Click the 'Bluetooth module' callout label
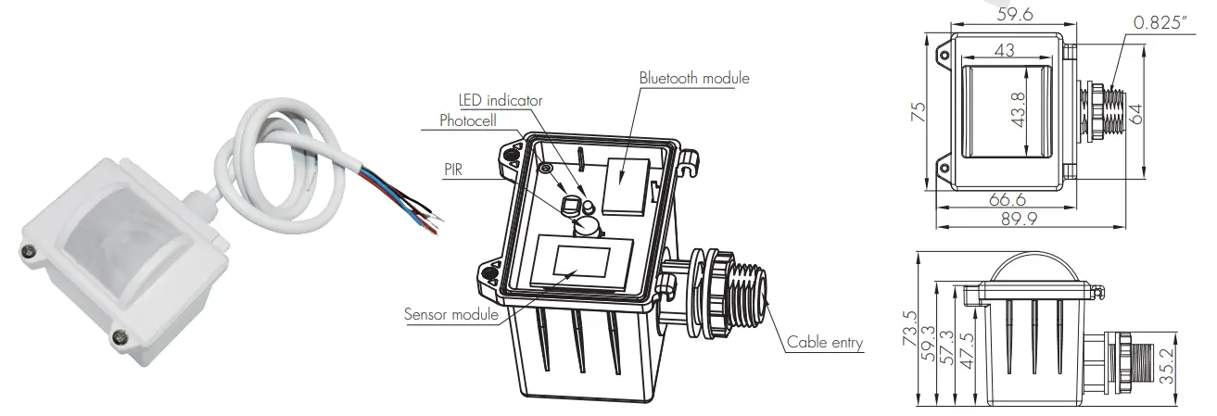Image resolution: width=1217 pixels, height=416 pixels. click(x=693, y=78)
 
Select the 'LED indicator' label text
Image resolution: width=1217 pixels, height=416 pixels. click(x=501, y=99)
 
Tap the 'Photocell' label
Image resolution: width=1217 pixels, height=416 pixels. click(x=470, y=120)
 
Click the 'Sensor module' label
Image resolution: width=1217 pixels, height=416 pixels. click(x=451, y=314)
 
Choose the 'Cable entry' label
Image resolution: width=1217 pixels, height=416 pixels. click(x=825, y=343)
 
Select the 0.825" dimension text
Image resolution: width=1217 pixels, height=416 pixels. click(x=1159, y=21)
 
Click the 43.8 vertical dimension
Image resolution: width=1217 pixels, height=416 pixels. click(x=1018, y=112)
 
